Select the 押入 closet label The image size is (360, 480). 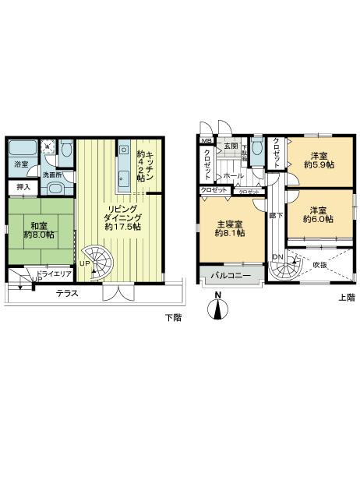click(23, 188)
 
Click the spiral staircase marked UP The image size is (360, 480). click(97, 259)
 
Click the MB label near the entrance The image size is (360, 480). click(205, 141)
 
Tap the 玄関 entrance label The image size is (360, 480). click(231, 146)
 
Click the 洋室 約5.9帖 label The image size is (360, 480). click(319, 160)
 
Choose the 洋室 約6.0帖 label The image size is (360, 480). click(319, 215)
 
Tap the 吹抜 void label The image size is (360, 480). click(320, 266)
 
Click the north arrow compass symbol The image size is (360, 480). click(219, 308)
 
